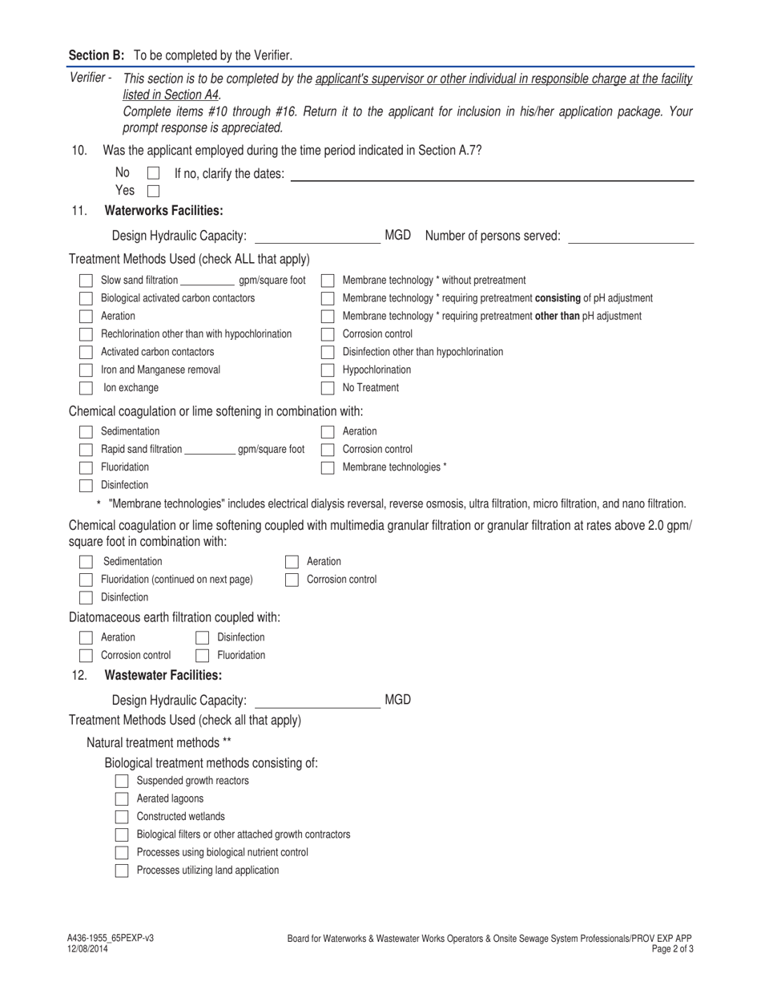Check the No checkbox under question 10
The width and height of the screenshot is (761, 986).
point(154,173)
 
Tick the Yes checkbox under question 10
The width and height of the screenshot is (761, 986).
point(154,192)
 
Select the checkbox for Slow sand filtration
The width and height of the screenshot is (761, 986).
point(86,281)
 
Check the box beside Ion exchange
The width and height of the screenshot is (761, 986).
point(86,388)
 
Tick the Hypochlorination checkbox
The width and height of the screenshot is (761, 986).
point(328,370)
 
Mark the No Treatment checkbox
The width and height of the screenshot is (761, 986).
point(328,388)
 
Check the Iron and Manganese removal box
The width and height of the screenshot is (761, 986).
point(86,370)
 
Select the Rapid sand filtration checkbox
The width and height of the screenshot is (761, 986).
point(86,450)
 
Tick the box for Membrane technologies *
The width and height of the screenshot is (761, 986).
point(328,467)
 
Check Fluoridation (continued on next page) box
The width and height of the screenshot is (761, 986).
point(86,580)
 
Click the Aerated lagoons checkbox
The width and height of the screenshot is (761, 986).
point(122,799)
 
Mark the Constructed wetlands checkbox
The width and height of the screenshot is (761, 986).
point(122,817)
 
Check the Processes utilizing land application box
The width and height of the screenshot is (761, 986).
point(122,871)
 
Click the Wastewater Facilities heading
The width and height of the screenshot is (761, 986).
point(163,675)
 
